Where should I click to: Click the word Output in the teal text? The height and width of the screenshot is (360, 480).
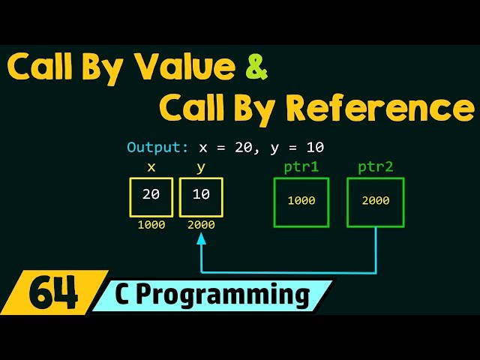151,148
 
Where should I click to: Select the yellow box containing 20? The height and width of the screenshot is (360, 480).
151,196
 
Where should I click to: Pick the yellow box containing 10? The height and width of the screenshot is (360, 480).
201,196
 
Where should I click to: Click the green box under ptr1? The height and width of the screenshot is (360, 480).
301,201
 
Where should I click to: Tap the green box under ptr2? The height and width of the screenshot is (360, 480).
375,201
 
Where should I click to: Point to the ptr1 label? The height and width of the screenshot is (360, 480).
301,166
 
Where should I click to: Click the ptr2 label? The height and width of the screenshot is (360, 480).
375,166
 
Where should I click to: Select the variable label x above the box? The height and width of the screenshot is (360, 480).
151,167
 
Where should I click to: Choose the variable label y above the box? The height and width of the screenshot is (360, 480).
201,167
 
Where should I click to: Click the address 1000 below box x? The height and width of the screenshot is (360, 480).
151,225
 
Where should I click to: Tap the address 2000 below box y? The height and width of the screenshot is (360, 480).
201,225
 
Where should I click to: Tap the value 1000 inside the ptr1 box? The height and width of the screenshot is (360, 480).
301,201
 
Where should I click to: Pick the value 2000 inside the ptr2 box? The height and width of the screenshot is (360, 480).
375,201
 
